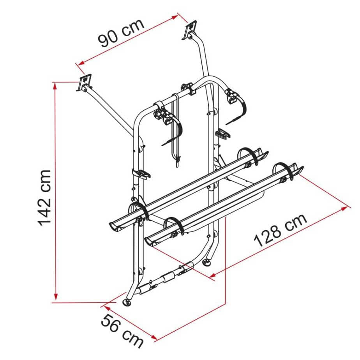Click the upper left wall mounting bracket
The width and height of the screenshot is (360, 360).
click(x=85, y=83)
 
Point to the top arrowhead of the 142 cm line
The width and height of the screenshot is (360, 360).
click(x=56, y=85)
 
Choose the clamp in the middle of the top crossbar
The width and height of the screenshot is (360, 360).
click(x=188, y=88)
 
